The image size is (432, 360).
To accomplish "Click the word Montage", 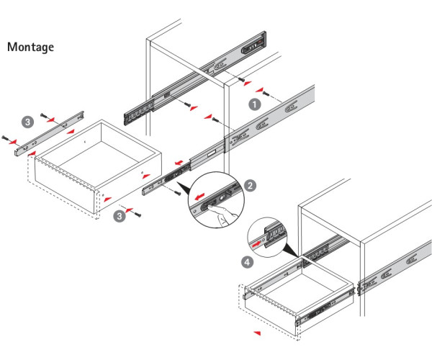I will (x=30, y=47).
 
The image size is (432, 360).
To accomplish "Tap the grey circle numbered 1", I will (x=254, y=104).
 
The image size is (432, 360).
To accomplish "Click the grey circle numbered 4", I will (x=248, y=263).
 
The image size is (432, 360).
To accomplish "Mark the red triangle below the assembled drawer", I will (x=257, y=333).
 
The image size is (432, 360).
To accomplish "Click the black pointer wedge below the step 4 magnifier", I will (x=289, y=250).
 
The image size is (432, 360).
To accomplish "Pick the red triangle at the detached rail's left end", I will (x=32, y=153).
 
